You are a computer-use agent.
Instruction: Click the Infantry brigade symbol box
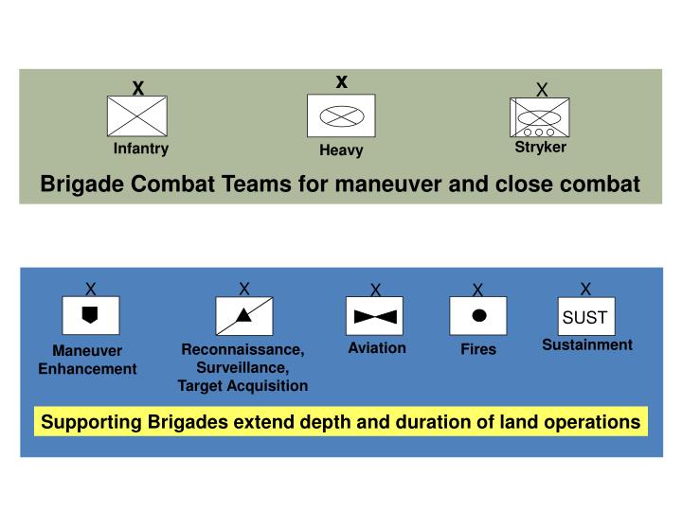tap(137, 116)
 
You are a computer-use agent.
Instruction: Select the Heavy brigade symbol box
tap(341, 115)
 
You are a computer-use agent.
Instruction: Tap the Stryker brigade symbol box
tap(539, 118)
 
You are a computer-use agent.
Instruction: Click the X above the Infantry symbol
tap(137, 89)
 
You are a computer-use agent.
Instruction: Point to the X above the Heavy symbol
tap(342, 82)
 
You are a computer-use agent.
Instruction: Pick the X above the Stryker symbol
tap(542, 90)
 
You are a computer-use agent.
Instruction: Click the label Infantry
tap(141, 149)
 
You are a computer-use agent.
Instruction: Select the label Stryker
tap(540, 148)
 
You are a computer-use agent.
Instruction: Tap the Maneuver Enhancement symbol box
tap(90, 316)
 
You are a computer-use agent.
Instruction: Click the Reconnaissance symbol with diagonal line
tap(244, 316)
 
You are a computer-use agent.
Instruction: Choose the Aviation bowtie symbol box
tap(375, 316)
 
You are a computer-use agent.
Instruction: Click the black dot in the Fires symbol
tap(478, 315)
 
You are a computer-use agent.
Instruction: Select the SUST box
tap(584, 317)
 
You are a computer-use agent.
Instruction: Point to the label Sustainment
tap(586, 345)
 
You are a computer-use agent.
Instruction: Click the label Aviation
tap(377, 348)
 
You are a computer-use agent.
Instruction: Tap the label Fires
tap(478, 350)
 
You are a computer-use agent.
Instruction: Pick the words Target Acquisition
tap(242, 386)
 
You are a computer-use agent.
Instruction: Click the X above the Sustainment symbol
tap(585, 289)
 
